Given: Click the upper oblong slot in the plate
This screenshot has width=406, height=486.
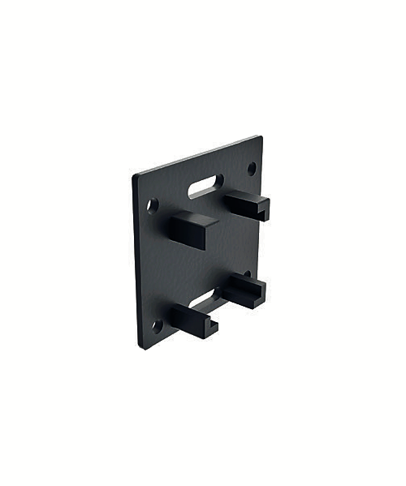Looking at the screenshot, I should pos(206,186).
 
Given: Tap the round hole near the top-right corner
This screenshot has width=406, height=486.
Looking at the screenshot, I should pos(252,168).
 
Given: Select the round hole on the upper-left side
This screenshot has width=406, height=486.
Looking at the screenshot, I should pos(152,205).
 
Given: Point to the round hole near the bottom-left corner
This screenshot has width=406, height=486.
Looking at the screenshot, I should pos(157,326).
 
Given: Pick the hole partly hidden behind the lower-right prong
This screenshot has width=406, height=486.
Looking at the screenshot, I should pos(247,274).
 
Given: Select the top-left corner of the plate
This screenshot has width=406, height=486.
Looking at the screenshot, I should pos(134,175).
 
